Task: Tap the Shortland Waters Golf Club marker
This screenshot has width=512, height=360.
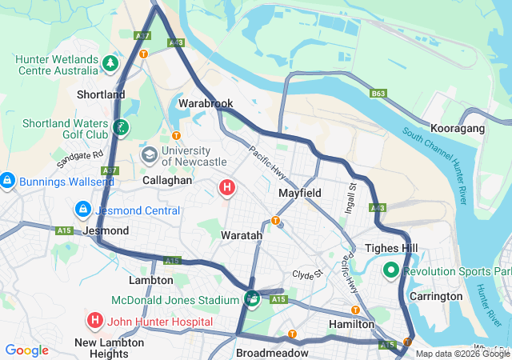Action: coord(119,126)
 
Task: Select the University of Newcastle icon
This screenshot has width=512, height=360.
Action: coord(149,153)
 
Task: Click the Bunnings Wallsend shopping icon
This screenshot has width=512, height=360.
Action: coord(7,182)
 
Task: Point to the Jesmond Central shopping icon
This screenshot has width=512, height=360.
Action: coord(82,210)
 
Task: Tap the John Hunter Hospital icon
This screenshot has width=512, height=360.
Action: coord(94,321)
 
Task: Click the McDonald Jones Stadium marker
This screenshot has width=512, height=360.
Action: coord(252,299)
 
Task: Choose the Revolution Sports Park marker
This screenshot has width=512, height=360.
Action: coord(391,270)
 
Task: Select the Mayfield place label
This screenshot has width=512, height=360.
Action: coord(299,194)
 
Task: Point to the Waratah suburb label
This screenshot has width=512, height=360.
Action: coord(242,236)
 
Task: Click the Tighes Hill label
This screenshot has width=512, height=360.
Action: coord(391,249)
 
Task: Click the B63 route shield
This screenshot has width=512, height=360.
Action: coord(378,94)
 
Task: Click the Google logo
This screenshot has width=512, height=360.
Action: coord(26,350)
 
